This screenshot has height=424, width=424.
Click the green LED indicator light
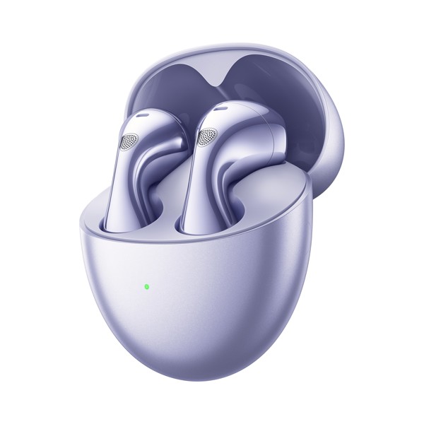tap(146, 287)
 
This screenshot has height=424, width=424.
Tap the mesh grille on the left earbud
tap(130, 141)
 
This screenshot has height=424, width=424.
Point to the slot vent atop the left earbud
tap(141, 114)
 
